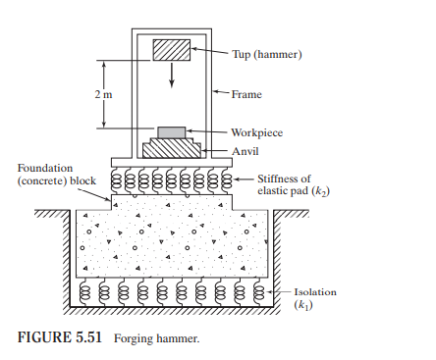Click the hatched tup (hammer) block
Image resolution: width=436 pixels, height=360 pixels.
(x=171, y=50)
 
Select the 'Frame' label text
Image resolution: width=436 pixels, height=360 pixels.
(x=246, y=95)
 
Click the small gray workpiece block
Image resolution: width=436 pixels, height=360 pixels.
(x=172, y=132)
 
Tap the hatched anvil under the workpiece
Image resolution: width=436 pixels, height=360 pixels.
(x=172, y=148)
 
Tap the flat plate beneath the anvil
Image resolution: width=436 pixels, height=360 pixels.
(x=172, y=162)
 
